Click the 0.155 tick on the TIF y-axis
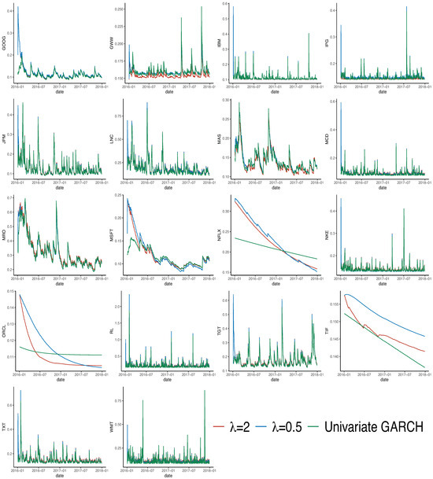(337, 304)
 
